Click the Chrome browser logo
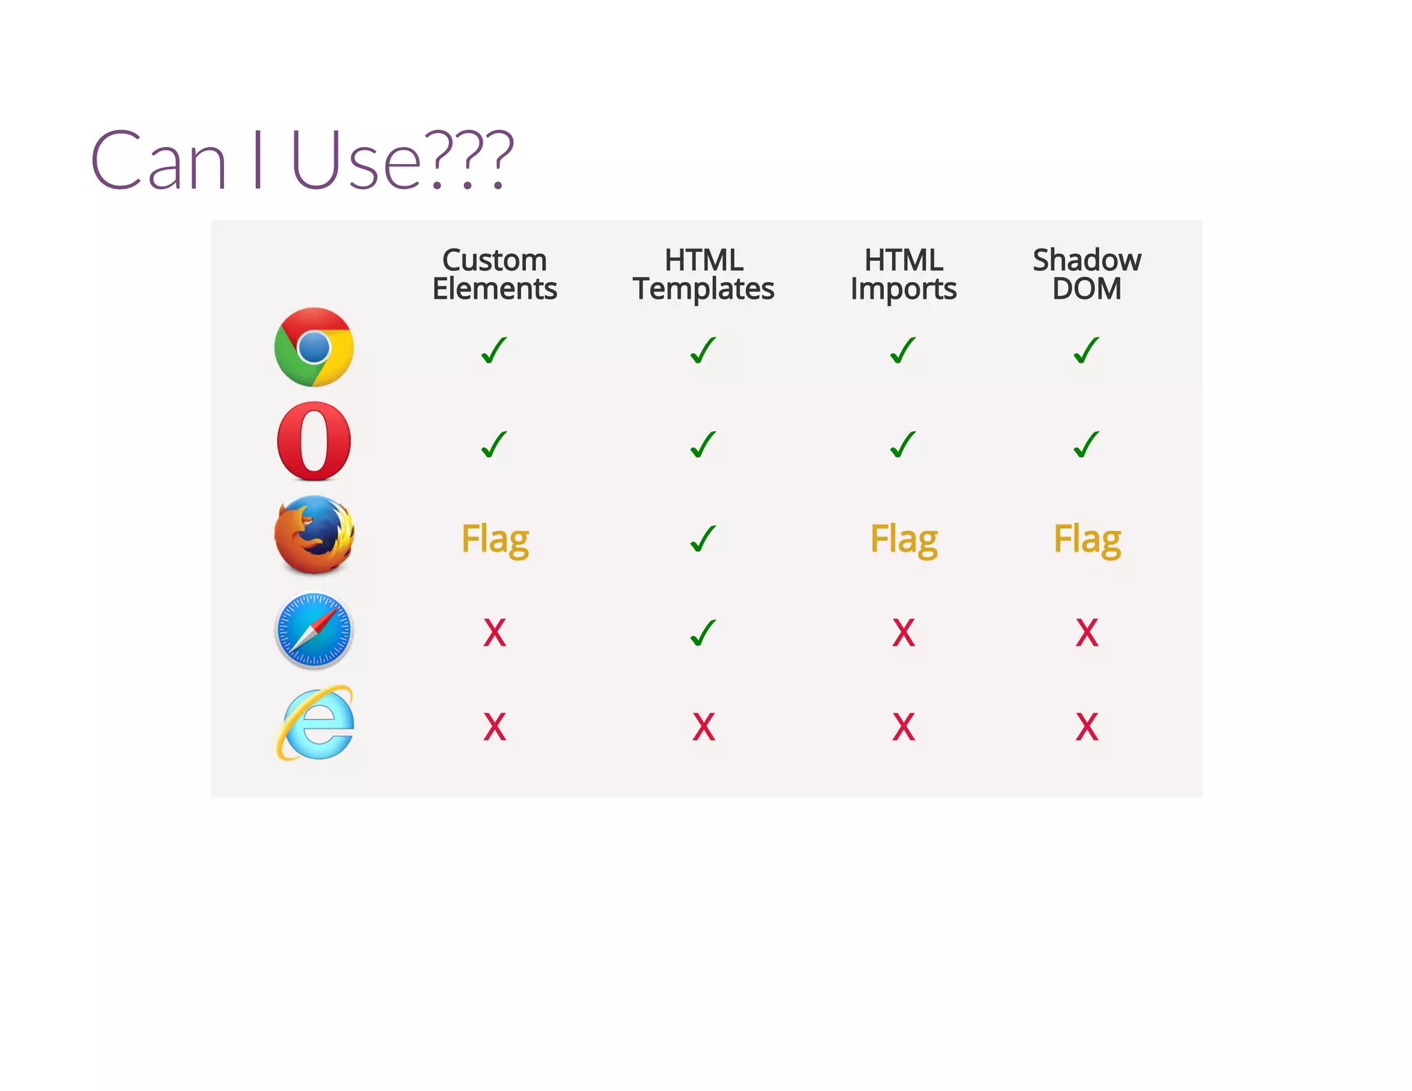coord(314,347)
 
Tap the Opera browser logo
coord(314,441)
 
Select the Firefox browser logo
coord(314,535)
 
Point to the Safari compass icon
coord(314,630)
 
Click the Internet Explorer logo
coord(315,724)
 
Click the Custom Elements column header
coord(494,274)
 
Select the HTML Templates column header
coord(703,274)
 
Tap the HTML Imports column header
coord(903,274)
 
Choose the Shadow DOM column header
coord(1087,274)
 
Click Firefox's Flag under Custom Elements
coord(494,539)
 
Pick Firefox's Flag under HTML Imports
coord(903,539)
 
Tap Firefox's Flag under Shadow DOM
coord(1087,539)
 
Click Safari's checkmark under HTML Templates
coord(703,632)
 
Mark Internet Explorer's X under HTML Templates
coord(703,727)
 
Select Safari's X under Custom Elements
coord(494,632)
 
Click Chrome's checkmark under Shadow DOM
coord(1087,350)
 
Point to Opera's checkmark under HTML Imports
coord(903,445)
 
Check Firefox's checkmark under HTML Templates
coord(703,539)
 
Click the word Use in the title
coord(355,161)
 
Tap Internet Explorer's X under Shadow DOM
coord(1087,727)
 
